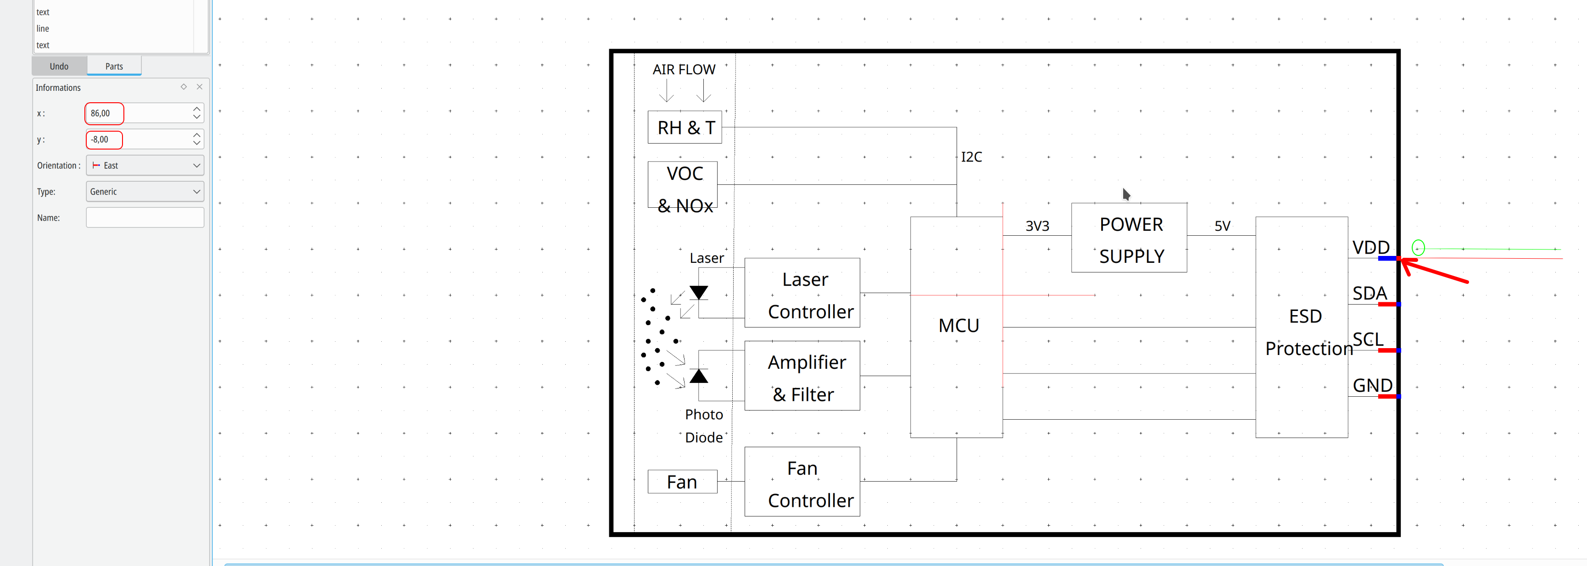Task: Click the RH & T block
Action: (685, 128)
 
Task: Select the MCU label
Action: (958, 325)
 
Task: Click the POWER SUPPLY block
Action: (1129, 238)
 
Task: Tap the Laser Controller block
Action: (802, 293)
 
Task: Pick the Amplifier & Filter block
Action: (802, 376)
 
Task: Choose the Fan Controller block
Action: (802, 482)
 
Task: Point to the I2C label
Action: (972, 157)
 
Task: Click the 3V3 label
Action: (1037, 226)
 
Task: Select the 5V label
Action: (1222, 226)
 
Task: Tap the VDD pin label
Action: (1371, 248)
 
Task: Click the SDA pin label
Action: (1370, 293)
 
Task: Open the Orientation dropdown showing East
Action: (145, 165)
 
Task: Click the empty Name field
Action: (145, 217)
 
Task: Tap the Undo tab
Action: (59, 66)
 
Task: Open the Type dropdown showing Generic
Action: (145, 192)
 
